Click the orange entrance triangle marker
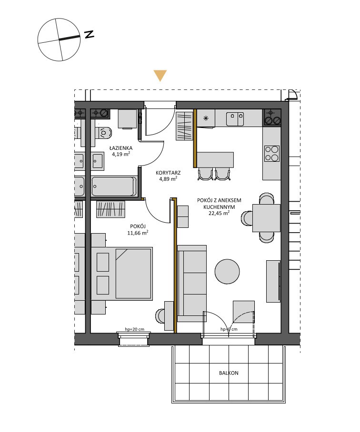tap(160, 76)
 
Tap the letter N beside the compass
tap(90, 34)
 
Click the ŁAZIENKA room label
tap(121, 148)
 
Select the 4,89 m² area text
tap(168, 179)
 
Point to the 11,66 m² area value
tap(138, 233)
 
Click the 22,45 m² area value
tap(219, 213)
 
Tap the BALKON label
tap(229, 373)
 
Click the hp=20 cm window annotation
tap(134, 329)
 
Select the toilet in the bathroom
tap(104, 133)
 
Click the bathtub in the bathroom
tap(114, 187)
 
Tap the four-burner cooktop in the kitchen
tap(272, 154)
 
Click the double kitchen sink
tap(235, 119)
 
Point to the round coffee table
tap(227, 271)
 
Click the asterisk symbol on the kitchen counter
tap(206, 118)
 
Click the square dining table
tap(266, 218)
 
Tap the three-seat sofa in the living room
tap(192, 284)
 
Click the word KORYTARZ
tap(168, 173)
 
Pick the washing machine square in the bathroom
tap(127, 119)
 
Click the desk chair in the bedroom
tap(160, 315)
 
